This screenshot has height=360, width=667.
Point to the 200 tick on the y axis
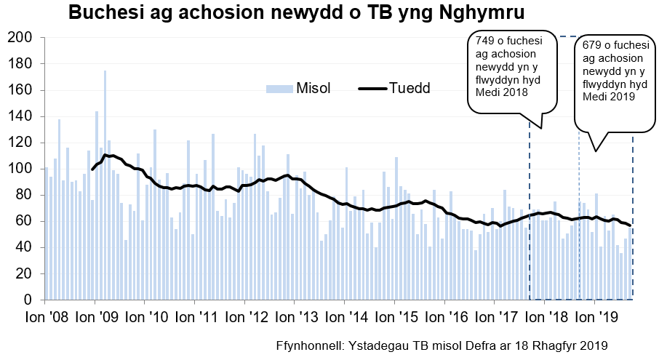pyautogui.click(x=20, y=38)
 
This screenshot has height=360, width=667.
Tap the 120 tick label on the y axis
pyautogui.click(x=20, y=143)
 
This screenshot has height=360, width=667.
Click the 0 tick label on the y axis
pyautogui.click(x=28, y=300)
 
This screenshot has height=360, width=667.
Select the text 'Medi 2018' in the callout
pyautogui.click(x=501, y=92)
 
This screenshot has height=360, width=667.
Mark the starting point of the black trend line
pyautogui.click(x=92, y=169)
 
